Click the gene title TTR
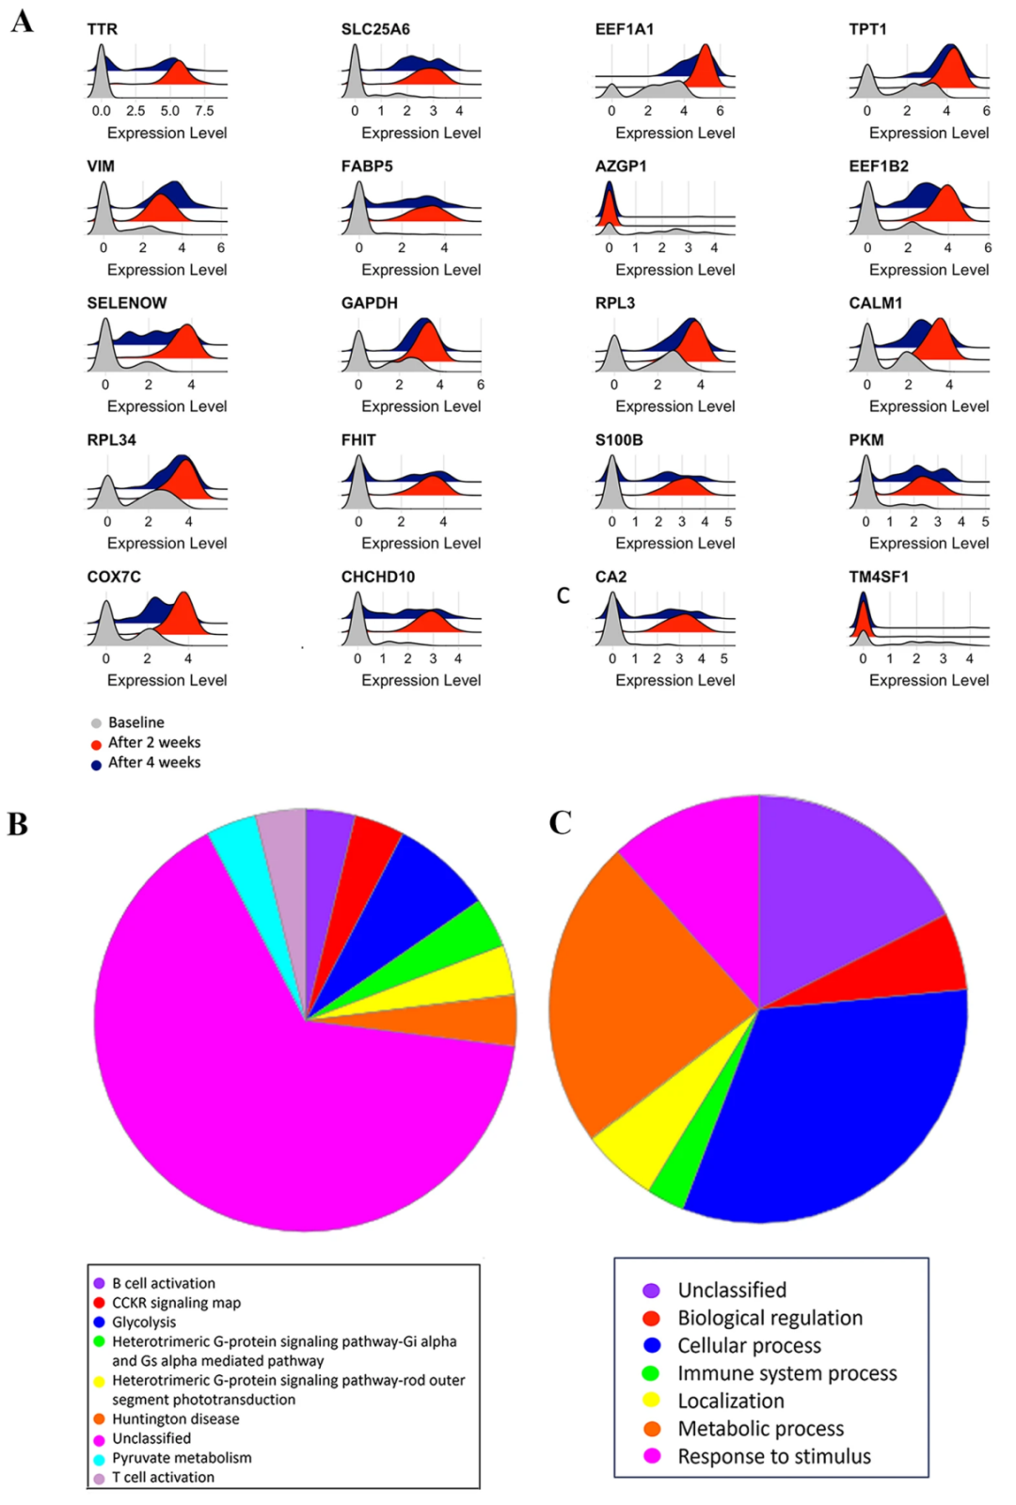coord(102,29)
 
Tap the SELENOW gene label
coord(127,303)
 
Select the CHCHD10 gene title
coord(377,577)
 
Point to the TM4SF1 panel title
coord(879,577)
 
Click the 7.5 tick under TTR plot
coord(204,111)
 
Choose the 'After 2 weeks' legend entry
coord(153,742)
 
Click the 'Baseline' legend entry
coord(135,722)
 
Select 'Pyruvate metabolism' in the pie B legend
coord(182,1458)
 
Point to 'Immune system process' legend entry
coord(786,1373)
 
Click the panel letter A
coord(22,21)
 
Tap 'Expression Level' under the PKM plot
coord(929,544)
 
